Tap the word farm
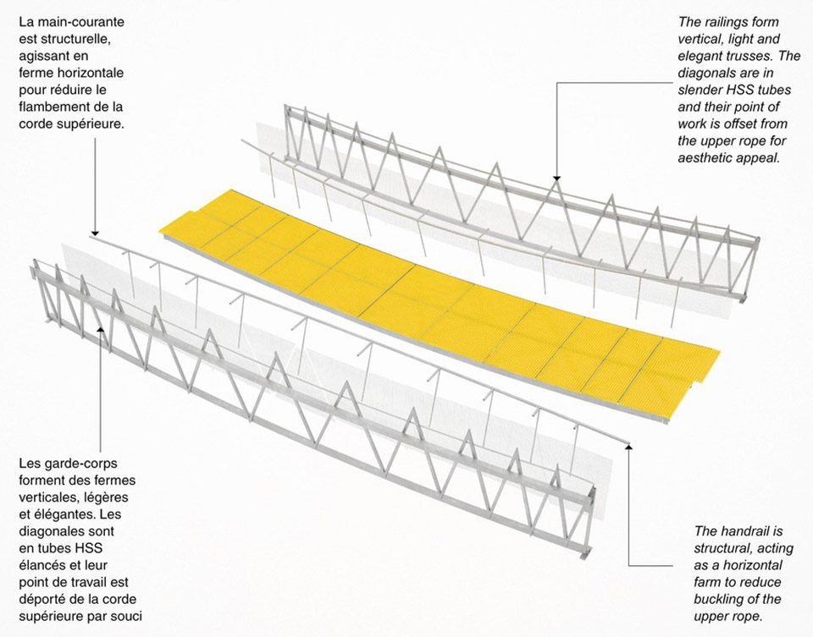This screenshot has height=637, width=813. coord(707,583)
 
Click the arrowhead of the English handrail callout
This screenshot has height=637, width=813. coord(629,447)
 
